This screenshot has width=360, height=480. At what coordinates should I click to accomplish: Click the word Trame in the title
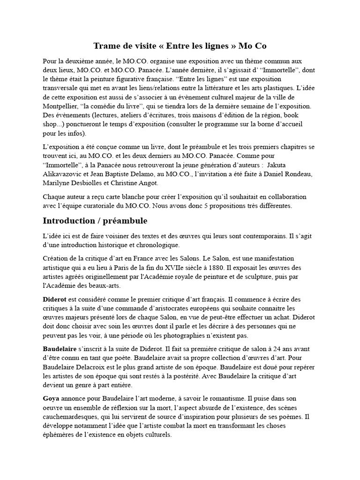106,45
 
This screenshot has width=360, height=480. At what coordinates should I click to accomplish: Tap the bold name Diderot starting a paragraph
54,299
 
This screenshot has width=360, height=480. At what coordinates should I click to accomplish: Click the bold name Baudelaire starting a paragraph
60,349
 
